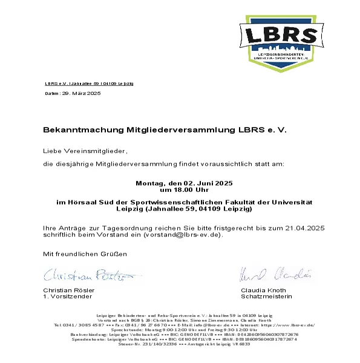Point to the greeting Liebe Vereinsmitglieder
85,149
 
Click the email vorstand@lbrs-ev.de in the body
182,234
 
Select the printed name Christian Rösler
69,291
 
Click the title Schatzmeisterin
266,297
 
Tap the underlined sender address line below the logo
89,82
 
